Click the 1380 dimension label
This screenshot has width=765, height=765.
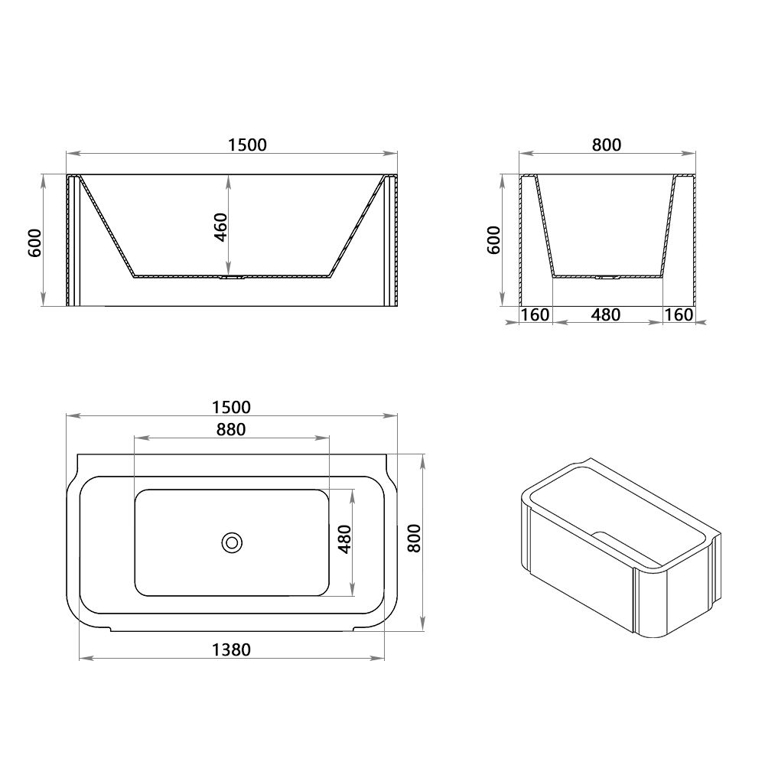[x=230, y=649]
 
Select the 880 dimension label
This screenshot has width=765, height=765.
[x=230, y=429]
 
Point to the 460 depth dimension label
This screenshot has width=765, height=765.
[x=220, y=227]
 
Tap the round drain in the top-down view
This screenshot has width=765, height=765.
[x=232, y=542]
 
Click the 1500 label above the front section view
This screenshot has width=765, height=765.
[x=247, y=145]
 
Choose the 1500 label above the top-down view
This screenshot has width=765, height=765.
[x=232, y=407]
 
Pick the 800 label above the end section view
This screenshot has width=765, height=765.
[x=607, y=145]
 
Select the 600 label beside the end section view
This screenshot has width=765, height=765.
[x=493, y=239]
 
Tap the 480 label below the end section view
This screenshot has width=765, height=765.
[x=606, y=314]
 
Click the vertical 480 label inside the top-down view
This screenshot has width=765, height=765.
[x=344, y=540]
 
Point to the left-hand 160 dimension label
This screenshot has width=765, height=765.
[x=535, y=314]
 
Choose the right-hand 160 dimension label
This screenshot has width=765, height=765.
[x=678, y=314]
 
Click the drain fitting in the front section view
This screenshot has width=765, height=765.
[x=231, y=278]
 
